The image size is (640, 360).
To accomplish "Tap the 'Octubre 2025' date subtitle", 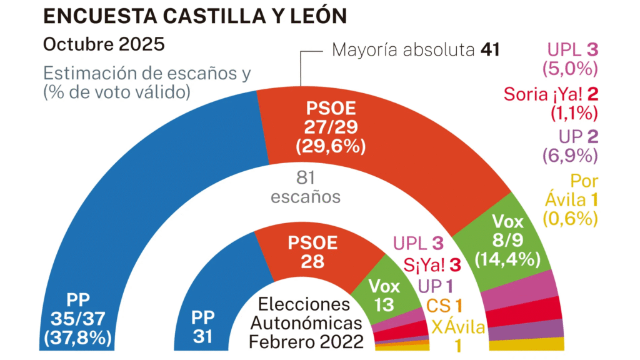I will pos(103,45).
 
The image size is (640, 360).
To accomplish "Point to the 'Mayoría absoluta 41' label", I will pos(416,50).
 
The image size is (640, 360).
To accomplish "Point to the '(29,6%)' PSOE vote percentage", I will pos(331,146).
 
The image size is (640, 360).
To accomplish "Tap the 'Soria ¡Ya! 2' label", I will pos(551,95).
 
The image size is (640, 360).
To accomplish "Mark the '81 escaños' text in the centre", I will pos(306,187).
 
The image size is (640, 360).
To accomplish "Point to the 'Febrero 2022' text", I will pos(306,341).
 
